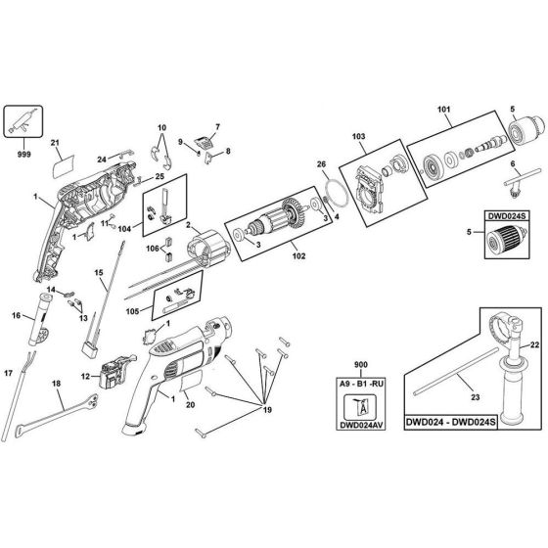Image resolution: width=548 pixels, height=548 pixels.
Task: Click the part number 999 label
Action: click(23, 154)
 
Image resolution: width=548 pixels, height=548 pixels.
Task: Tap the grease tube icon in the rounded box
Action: click(23, 121)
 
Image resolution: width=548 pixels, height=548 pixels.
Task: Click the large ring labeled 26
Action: click(337, 195)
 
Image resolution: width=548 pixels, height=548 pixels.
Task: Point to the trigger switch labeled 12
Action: click(116, 372)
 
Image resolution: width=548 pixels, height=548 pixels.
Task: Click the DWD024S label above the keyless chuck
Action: click(507, 216)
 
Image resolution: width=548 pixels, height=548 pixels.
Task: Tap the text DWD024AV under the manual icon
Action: click(361, 425)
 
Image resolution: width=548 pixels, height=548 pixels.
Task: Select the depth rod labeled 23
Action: click(455, 371)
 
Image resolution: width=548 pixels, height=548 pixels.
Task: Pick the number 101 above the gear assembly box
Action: click(444, 110)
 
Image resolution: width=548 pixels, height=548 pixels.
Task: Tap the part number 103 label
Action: click(359, 136)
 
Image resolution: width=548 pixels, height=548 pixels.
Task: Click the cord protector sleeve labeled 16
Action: click(40, 319)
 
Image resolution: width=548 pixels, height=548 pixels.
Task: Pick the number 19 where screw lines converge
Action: click(267, 410)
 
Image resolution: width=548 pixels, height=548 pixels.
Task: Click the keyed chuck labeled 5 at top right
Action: click(526, 131)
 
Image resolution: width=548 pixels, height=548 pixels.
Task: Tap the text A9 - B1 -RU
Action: click(361, 384)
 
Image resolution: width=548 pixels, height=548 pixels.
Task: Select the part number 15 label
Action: click(99, 272)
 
